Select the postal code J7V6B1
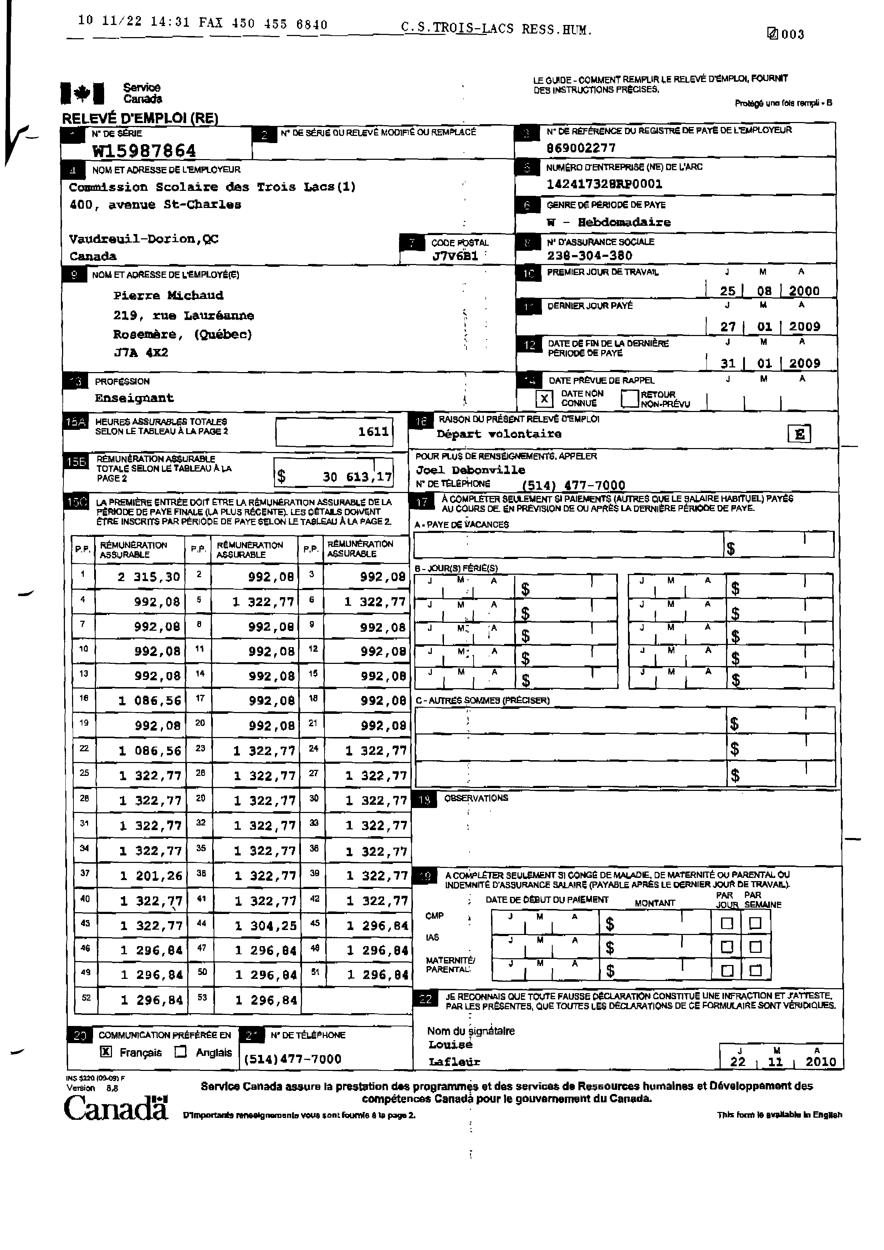pos(455,256)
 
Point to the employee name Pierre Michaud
pos(168,296)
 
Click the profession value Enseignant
pos(134,398)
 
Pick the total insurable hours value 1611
pos(373,432)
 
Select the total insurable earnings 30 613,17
pos(357,477)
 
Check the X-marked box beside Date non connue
pos(544,399)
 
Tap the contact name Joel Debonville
pos(470,470)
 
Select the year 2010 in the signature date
pos(820,1062)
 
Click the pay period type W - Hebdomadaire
pos(609,222)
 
